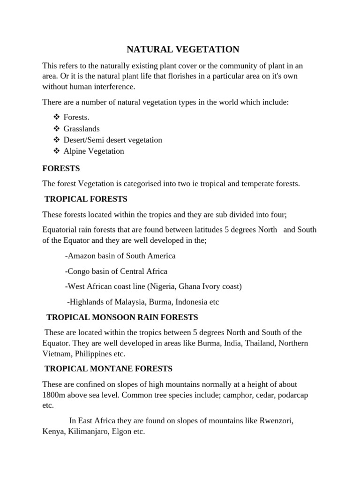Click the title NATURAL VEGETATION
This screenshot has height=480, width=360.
pyautogui.click(x=183, y=49)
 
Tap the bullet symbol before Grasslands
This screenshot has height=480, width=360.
pyautogui.click(x=57, y=128)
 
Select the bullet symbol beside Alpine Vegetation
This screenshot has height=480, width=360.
pyautogui.click(x=57, y=151)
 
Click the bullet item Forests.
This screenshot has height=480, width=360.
pyautogui.click(x=76, y=117)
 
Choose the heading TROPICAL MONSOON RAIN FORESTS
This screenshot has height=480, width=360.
pyautogui.click(x=122, y=317)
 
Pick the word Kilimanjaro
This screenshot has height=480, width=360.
pyautogui.click(x=86, y=432)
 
